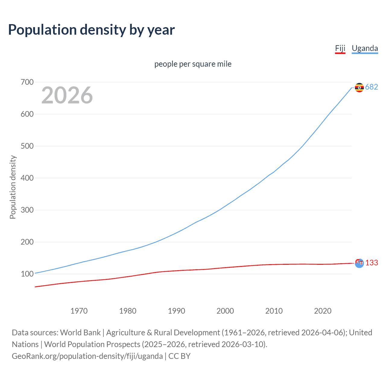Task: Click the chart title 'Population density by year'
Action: tap(91, 30)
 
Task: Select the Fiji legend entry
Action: tap(340, 48)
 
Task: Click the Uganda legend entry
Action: tap(365, 48)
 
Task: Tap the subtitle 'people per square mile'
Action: tap(193, 64)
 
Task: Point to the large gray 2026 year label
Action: tap(67, 95)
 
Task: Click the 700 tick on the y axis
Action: tap(27, 82)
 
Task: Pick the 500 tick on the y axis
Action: tap(27, 146)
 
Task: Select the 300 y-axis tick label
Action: tap(27, 210)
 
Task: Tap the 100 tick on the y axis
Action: tap(27, 274)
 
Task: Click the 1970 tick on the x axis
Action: tap(79, 311)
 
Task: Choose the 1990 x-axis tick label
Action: tap(176, 311)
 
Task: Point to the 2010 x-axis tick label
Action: tap(274, 311)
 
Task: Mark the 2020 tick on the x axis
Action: tap(323, 311)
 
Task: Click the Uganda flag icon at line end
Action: tap(359, 87)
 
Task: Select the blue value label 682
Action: tap(372, 87)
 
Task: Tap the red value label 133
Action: tap(372, 263)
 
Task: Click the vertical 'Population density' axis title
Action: tap(13, 187)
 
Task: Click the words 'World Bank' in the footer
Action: tap(80, 333)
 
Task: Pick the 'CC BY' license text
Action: tap(179, 356)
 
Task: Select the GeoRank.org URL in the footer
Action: tap(87, 356)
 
